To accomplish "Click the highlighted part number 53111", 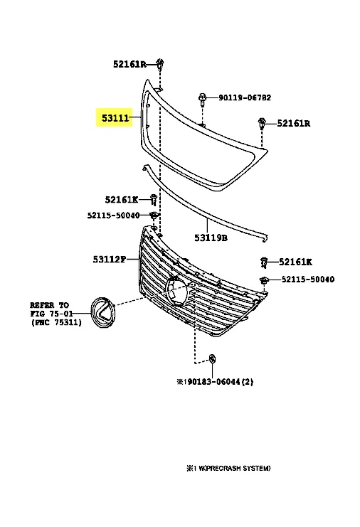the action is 115,118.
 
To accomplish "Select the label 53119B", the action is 211,238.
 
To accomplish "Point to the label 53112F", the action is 110,259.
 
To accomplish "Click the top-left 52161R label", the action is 129,64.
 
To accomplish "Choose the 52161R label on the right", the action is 293,123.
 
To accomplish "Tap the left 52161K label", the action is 122,200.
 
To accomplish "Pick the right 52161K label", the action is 295,262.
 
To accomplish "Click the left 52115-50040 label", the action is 113,215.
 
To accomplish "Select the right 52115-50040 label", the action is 308,280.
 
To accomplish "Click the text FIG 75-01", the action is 51,314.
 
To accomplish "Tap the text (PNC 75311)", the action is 56,323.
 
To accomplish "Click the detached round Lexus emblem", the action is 102,312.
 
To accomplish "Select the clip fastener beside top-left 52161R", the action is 160,64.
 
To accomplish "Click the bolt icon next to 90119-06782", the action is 202,98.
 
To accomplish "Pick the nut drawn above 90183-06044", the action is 212,358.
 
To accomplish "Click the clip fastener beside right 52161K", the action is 264,262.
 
